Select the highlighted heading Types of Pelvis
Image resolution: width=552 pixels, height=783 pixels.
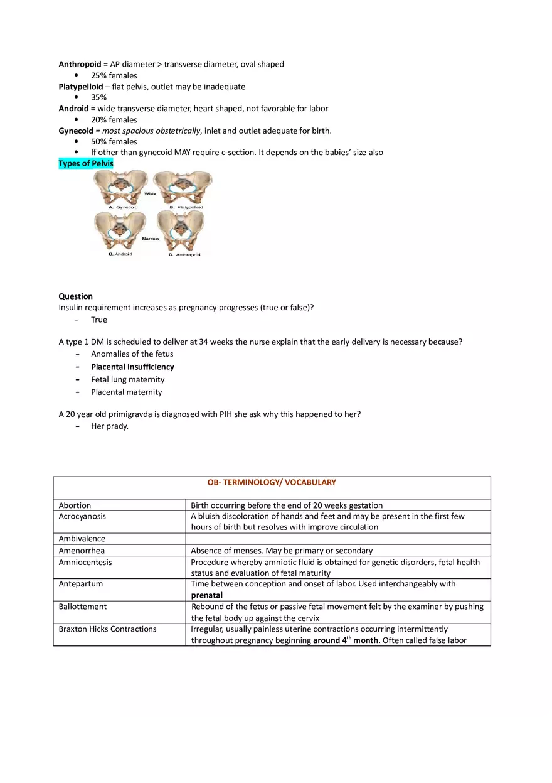[86, 164]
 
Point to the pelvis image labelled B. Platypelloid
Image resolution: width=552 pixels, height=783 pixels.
[183, 188]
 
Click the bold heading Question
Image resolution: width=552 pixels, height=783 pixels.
[75, 296]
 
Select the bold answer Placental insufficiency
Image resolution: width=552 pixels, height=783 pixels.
[132, 367]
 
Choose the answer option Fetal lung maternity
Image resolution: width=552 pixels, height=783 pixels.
[127, 379]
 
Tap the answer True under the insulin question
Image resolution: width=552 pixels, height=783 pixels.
[99, 320]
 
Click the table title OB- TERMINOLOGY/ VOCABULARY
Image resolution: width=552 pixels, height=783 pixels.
[272, 483]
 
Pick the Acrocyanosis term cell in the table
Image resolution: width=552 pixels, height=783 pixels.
[82, 516]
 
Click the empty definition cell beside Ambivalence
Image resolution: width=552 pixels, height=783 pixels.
[338, 539]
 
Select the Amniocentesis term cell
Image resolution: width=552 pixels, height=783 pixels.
[85, 562]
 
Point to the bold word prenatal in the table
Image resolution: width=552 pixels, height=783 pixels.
[207, 595]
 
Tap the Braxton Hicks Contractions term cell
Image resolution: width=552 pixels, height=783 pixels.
[107, 629]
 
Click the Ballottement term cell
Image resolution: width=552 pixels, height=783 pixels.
[83, 607]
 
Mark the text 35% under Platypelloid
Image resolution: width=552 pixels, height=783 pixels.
[98, 97]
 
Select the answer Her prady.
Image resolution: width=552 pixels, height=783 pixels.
[110, 426]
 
